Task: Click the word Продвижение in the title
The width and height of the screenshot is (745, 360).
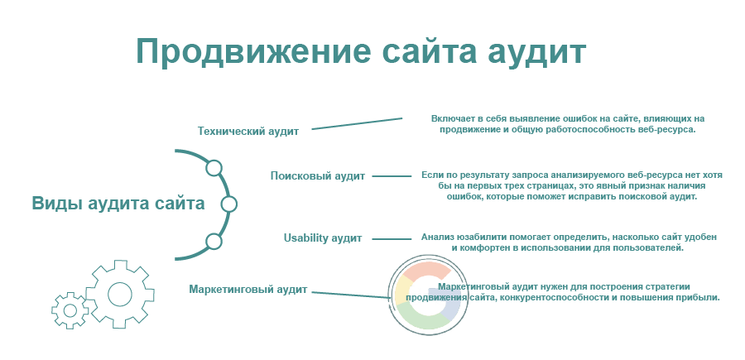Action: point(252,52)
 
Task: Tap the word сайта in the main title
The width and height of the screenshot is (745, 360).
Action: point(429,52)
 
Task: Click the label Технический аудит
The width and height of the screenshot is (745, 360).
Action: point(248,132)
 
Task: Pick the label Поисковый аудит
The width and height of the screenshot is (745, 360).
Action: point(318,176)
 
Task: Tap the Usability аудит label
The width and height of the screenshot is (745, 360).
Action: point(323,238)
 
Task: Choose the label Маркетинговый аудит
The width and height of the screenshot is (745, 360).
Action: point(248,289)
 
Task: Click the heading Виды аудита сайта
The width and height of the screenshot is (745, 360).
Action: point(118,204)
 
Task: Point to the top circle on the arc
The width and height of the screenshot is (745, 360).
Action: point(214,168)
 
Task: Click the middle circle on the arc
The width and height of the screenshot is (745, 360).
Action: point(228,204)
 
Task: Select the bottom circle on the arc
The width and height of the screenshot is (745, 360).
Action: point(214,242)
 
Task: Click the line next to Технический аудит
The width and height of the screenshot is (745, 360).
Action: point(357,123)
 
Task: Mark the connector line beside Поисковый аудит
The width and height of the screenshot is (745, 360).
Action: point(392,176)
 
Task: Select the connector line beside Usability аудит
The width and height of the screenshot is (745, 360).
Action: point(392,239)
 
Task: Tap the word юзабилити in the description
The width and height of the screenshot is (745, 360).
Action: point(481,237)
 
